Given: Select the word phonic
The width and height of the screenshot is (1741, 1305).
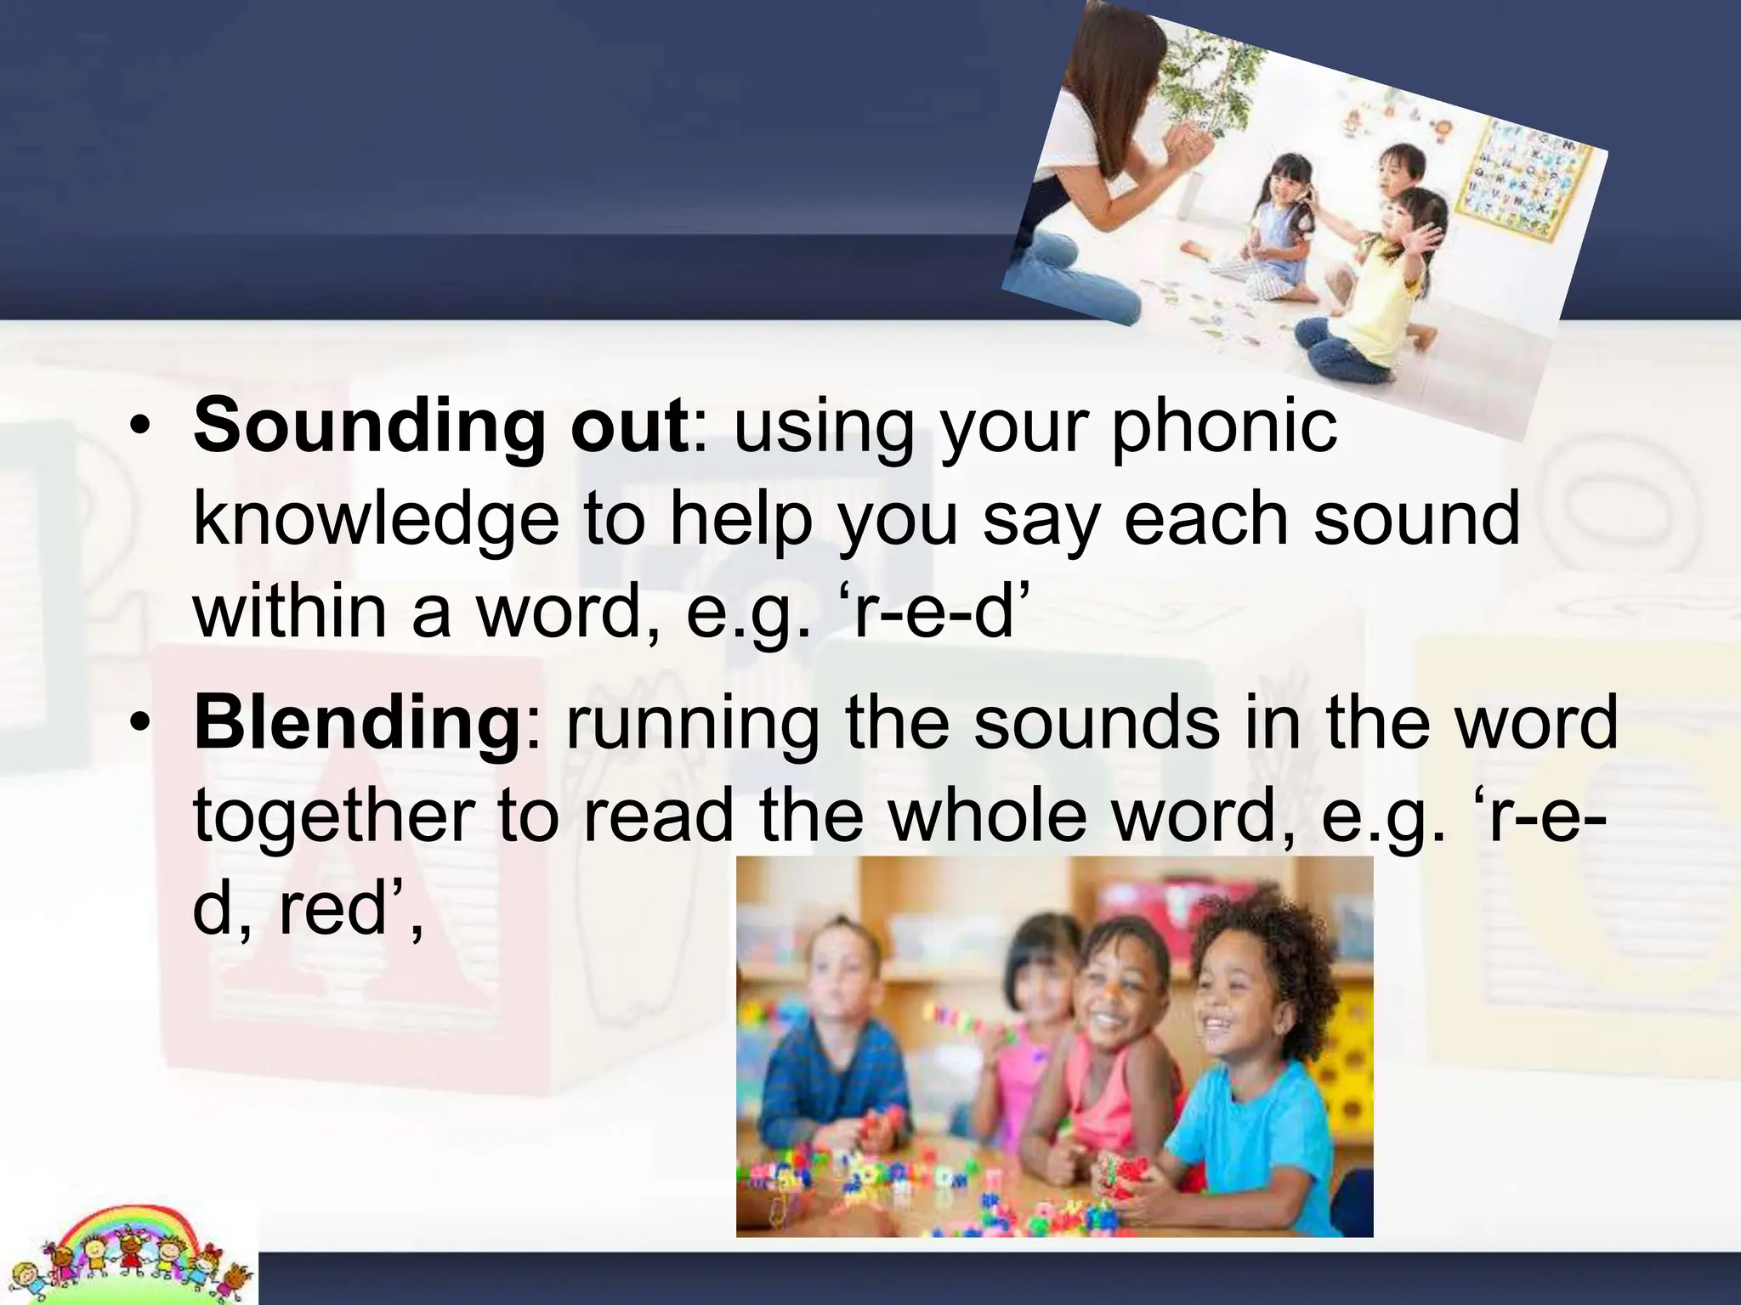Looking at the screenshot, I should point(1224,426).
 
